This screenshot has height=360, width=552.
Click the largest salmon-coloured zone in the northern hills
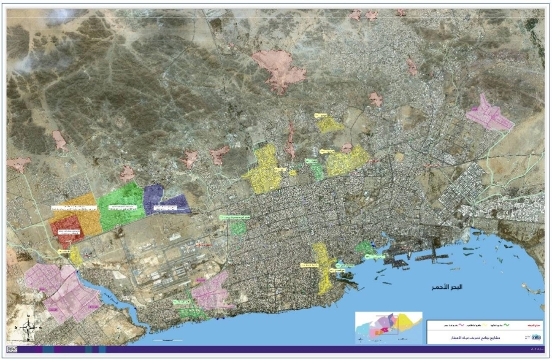(280, 69)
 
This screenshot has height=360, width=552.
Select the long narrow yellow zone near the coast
(323, 266)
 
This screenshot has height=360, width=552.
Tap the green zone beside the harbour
(364, 248)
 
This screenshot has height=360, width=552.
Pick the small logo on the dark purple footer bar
(12, 349)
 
